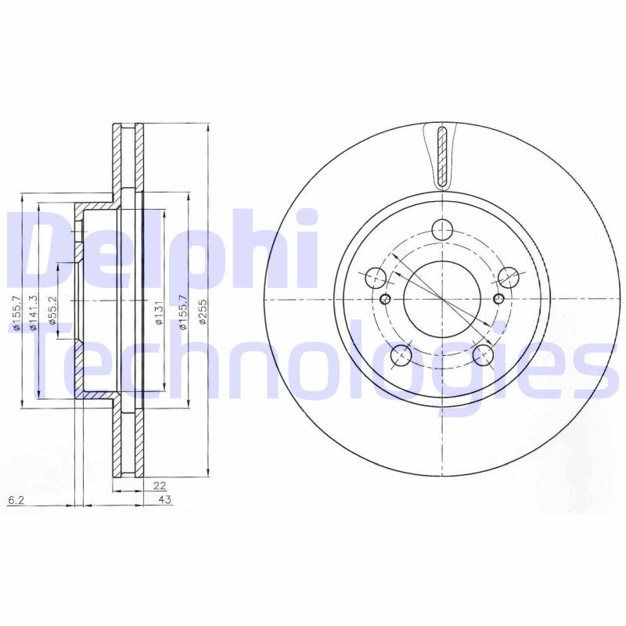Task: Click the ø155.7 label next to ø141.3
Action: [x=16, y=313]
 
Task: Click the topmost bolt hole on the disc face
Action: [x=443, y=229]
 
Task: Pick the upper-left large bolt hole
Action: [x=376, y=277]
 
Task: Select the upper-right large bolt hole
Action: [x=509, y=277]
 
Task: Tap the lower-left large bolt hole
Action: [x=401, y=355]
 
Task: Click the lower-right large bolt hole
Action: [x=484, y=355]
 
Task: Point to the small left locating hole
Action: [x=383, y=300]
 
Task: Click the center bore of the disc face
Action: [x=442, y=300]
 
